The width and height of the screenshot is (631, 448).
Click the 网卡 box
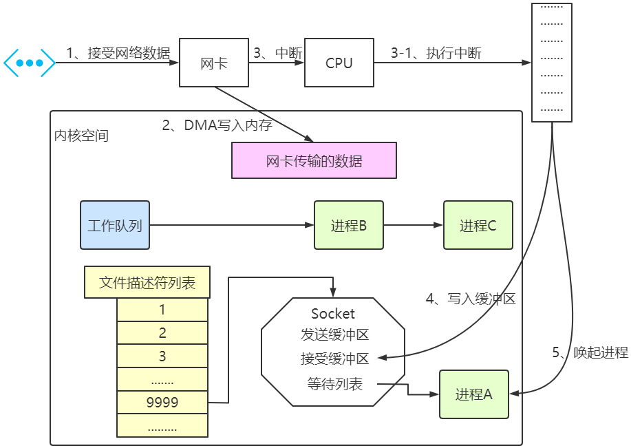coord(213,63)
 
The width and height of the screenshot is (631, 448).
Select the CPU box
coord(339,63)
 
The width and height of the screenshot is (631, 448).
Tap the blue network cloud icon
coord(30,63)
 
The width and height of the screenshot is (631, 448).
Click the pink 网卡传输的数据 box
coord(314,160)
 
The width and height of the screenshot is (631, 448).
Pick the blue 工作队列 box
coord(115,225)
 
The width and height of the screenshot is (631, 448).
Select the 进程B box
coord(348,225)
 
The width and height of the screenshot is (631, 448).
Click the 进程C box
coord(478,225)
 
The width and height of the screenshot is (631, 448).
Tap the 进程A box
coord(474,394)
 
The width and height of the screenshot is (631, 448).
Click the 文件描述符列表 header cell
coord(147,283)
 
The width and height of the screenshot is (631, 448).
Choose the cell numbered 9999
coord(162,403)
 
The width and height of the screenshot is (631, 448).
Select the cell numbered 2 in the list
coord(162,333)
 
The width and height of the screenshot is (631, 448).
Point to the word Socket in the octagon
coord(333,314)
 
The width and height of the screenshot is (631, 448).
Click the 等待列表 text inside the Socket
coord(334,384)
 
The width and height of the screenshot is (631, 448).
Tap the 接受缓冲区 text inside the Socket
coord(334,359)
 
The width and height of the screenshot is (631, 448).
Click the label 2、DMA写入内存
coord(217,125)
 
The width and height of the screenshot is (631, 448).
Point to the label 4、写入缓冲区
coord(471,299)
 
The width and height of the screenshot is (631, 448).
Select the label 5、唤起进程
coord(590,352)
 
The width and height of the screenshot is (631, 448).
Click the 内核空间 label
coord(81,136)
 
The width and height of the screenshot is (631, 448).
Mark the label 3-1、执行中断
coord(436,53)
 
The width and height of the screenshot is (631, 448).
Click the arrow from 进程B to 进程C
coord(413,225)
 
